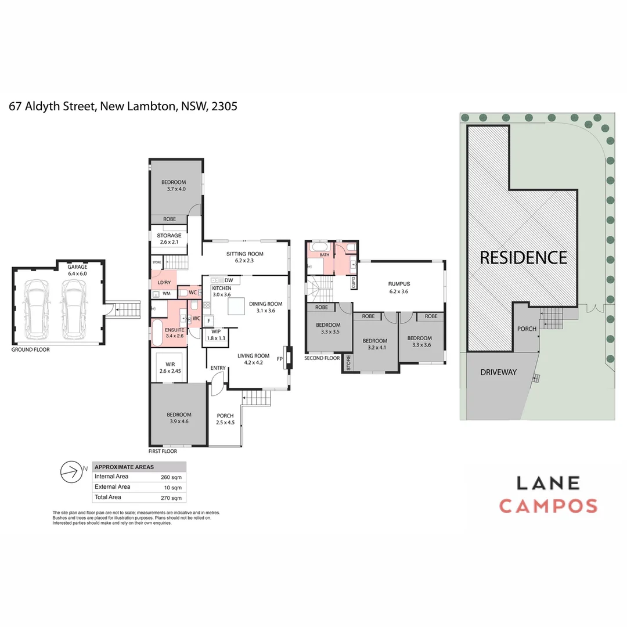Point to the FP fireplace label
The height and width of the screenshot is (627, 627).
[280, 359]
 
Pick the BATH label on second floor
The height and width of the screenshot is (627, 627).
[324, 254]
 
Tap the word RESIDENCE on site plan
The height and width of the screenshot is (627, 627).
[523, 257]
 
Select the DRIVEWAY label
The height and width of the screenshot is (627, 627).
[498, 372]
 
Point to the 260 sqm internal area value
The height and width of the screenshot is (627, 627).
[171, 477]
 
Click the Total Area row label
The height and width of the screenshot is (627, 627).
[107, 497]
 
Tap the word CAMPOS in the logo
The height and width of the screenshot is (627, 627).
[548, 506]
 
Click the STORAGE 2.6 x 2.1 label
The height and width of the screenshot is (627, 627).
[169, 239]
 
